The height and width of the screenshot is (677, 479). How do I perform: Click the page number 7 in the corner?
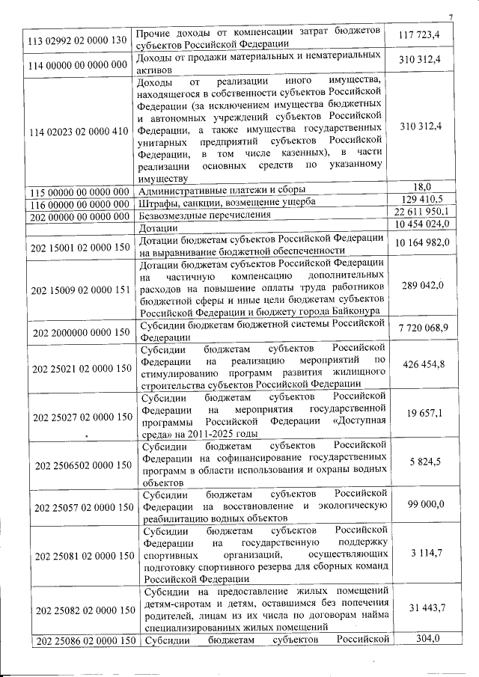pos(451,18)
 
